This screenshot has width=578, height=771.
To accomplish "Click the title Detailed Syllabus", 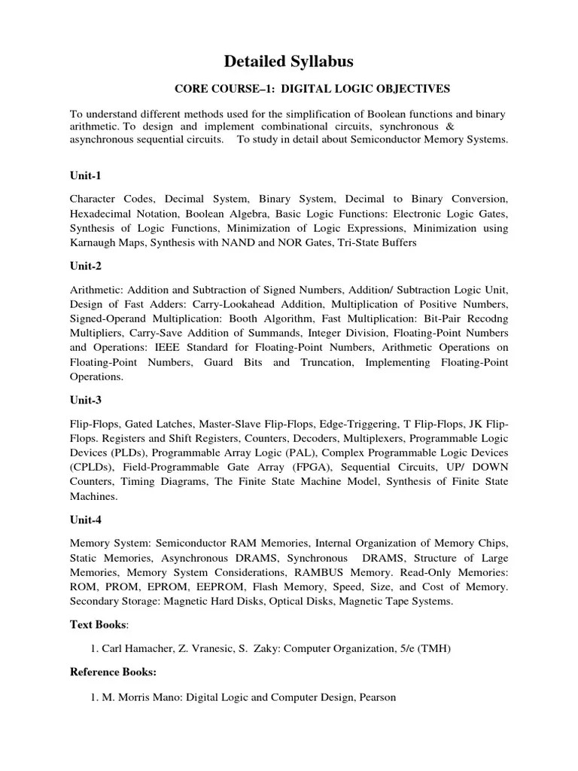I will [x=289, y=61].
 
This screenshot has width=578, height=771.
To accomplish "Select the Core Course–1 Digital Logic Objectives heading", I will [x=312, y=89].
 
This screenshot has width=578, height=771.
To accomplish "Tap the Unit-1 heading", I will [x=85, y=175].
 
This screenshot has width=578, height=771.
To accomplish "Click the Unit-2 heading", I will [x=85, y=266].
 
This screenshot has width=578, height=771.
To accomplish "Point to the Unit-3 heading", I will [x=85, y=401].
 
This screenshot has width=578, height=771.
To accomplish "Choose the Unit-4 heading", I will [x=85, y=520].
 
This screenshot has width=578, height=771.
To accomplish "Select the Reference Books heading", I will [x=113, y=672].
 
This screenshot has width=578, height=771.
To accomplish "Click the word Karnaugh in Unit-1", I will [x=94, y=242].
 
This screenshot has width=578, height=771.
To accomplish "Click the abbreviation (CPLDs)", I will [x=95, y=467].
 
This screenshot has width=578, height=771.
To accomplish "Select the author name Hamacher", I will [x=152, y=648].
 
